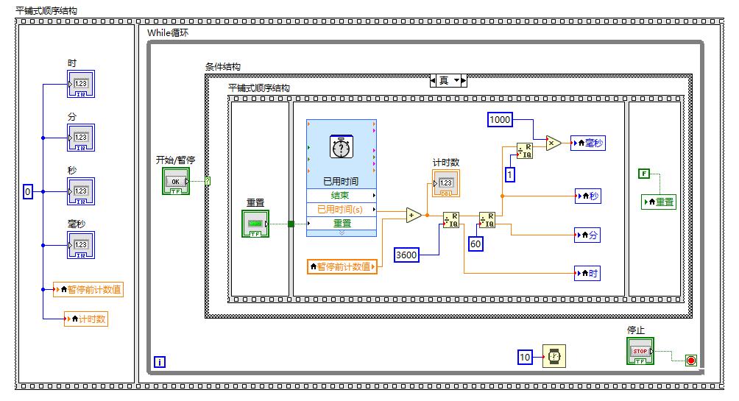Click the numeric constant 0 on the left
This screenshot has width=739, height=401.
pos(28,191)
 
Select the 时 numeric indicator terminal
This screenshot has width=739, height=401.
pos(81,85)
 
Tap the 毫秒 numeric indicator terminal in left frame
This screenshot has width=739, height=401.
pos(81,245)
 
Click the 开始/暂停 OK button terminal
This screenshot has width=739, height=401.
pos(175,181)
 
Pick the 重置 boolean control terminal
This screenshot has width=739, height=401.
pos(255,224)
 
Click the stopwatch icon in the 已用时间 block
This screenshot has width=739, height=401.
pos(341,148)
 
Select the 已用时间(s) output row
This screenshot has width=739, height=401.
pos(341,209)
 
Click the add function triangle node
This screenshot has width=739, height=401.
pos(414,215)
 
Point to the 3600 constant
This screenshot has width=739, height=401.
pos(407,255)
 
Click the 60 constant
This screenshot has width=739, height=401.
pos(476,244)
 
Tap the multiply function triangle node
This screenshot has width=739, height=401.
pos(553,143)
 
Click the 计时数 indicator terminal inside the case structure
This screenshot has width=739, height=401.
pos(446,183)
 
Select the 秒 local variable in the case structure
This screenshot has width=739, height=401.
pos(589,196)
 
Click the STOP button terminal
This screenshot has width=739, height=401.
pos(640,351)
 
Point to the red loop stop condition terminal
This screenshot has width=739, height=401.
pos(690,360)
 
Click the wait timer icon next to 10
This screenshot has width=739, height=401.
pos(555,357)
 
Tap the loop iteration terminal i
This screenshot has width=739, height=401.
pos(160,361)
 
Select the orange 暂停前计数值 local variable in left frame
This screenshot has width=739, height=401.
pos(88,290)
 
